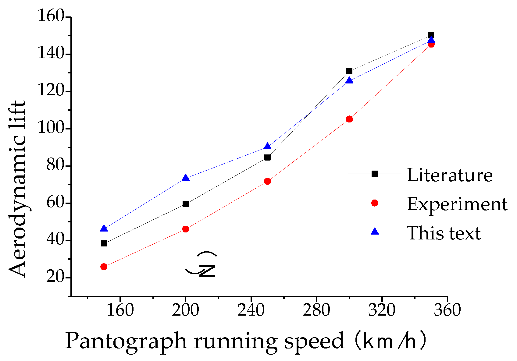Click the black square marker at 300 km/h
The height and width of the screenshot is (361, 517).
pos(349,71)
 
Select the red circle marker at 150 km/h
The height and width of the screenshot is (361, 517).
pos(104,267)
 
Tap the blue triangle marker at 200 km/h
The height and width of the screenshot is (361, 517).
pos(186,178)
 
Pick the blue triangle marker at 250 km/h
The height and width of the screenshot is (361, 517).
pos(268,147)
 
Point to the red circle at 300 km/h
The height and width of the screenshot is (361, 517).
pos(349,119)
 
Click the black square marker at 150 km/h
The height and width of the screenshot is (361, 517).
pos(104,243)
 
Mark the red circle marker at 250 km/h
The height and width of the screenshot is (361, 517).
pos(268,181)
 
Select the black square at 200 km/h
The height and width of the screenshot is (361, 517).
pos(186,204)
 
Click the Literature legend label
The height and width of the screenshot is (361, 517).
pos(450,175)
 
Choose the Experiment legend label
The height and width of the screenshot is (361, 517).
pos(457,204)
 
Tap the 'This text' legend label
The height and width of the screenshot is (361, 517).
pos(444,233)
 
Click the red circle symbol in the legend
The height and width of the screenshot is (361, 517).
pos(375,203)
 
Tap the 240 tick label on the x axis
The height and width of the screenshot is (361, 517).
pos(251,310)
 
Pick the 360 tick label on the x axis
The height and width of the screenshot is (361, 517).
pos(447,310)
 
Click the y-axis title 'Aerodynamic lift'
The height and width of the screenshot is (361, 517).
pos(17,189)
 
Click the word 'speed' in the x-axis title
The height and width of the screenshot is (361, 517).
pos(314,341)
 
